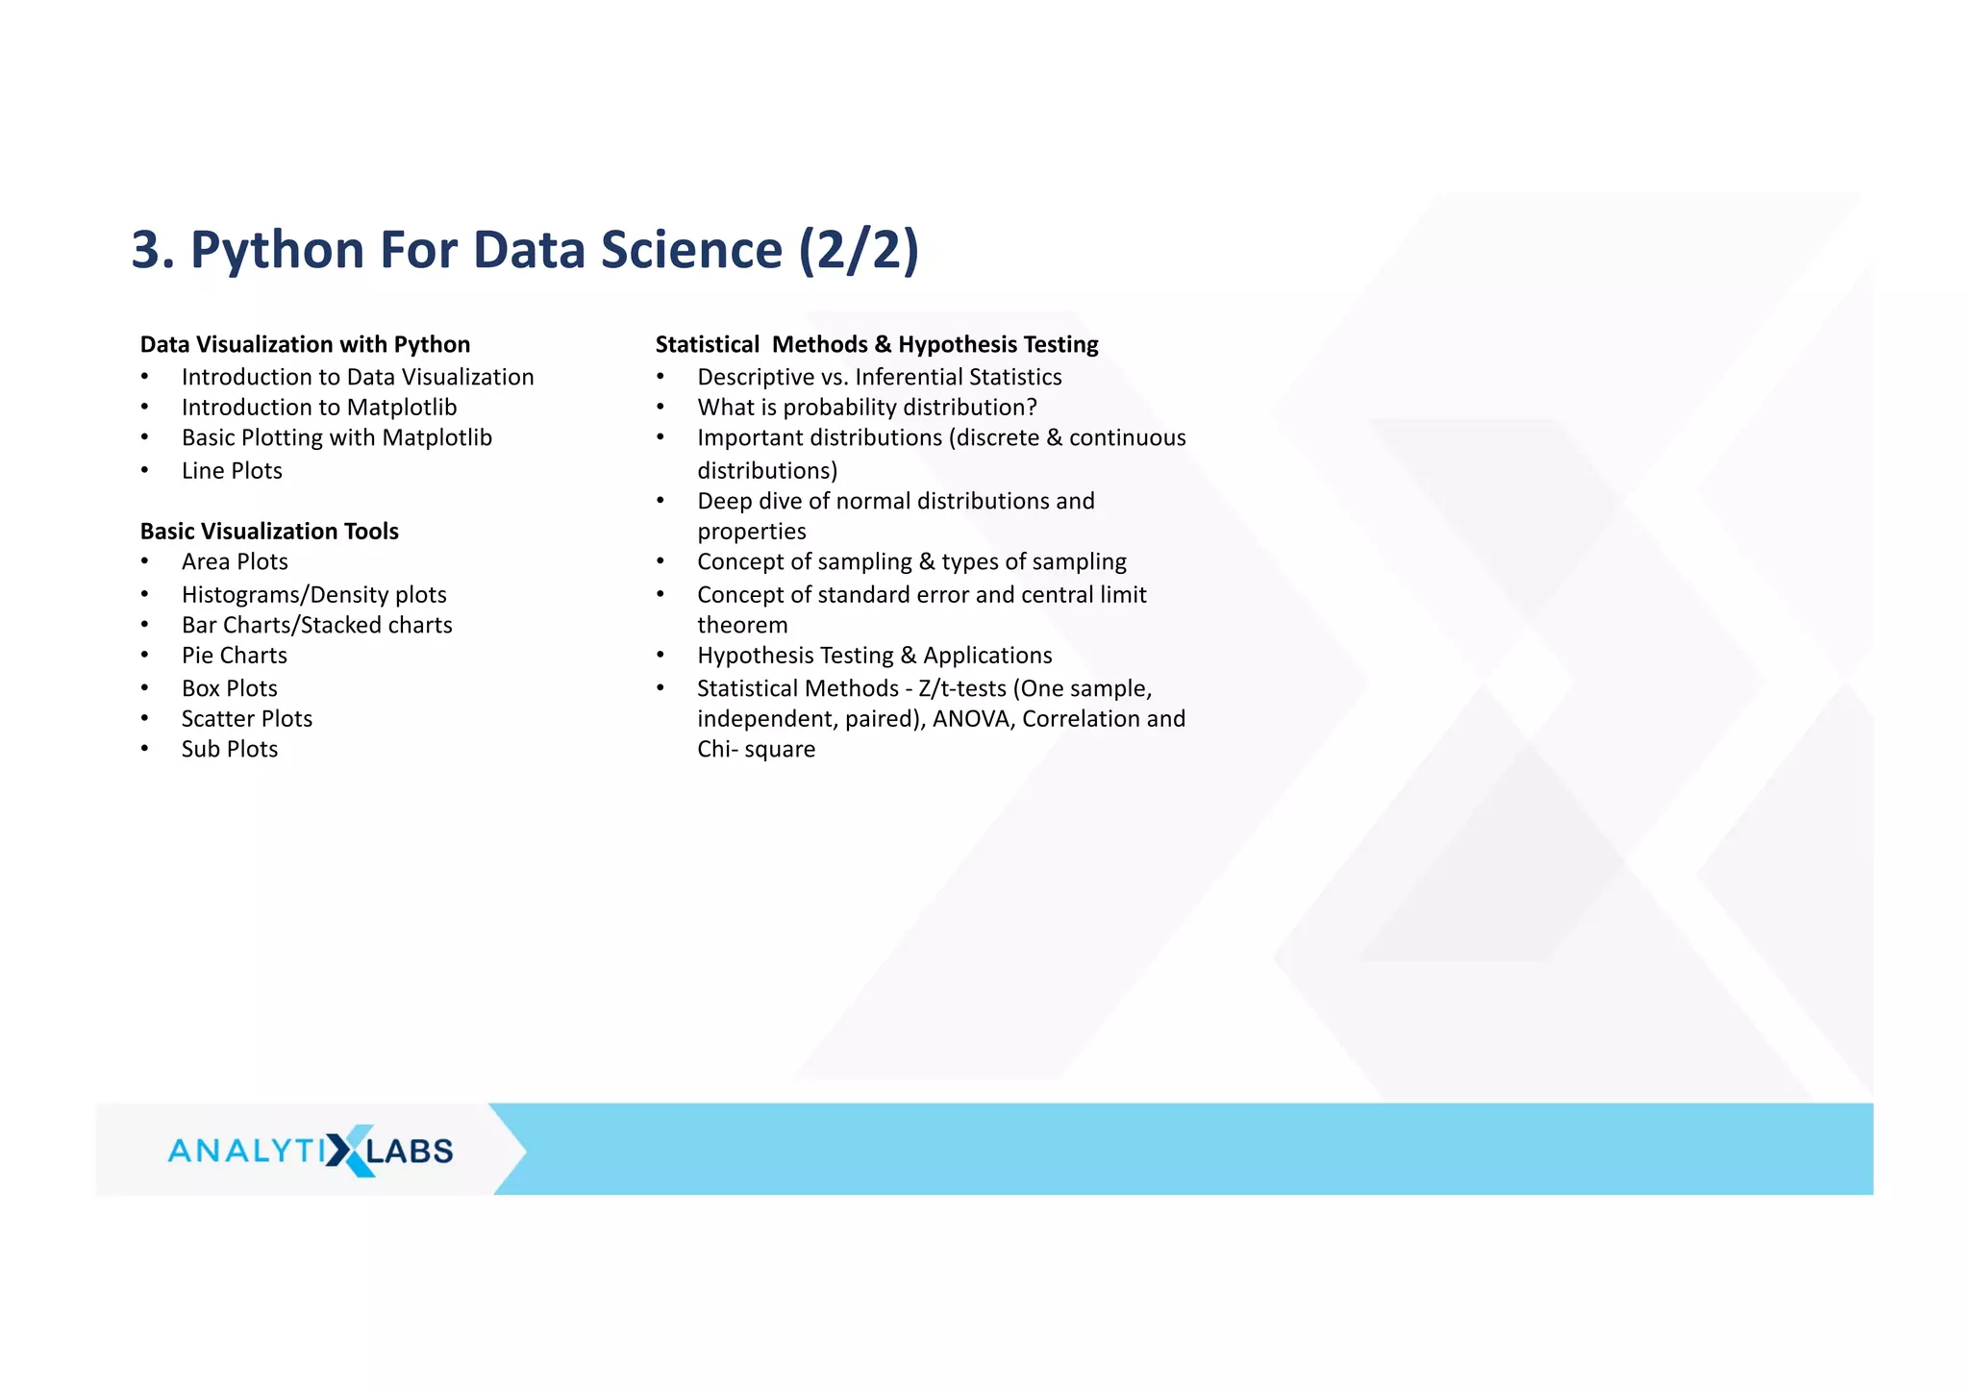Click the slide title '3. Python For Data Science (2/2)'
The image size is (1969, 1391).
click(x=525, y=250)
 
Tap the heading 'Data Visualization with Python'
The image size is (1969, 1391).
click(x=305, y=344)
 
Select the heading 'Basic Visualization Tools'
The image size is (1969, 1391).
click(x=269, y=531)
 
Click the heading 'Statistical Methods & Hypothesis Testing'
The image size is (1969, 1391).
click(x=877, y=344)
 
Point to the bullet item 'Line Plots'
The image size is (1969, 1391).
click(x=232, y=471)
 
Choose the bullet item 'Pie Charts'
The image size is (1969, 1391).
click(x=235, y=656)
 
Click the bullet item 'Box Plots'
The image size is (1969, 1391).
click(x=230, y=688)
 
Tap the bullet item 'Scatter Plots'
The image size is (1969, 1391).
click(x=247, y=719)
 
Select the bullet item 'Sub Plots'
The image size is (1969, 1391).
click(x=230, y=750)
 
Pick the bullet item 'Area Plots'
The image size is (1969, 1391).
click(x=235, y=562)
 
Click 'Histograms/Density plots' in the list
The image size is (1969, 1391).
click(x=314, y=595)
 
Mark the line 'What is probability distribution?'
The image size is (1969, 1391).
click(x=867, y=408)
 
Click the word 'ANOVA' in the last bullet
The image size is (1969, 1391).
click(x=974, y=719)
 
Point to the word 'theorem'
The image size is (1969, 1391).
click(x=742, y=626)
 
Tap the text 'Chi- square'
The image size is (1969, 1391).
click(x=756, y=750)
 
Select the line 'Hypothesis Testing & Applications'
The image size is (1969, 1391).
click(x=875, y=656)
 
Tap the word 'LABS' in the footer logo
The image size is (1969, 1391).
click(x=411, y=1151)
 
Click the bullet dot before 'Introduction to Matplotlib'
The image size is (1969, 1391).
click(x=144, y=408)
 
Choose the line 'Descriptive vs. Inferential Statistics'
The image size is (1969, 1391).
click(x=880, y=377)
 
